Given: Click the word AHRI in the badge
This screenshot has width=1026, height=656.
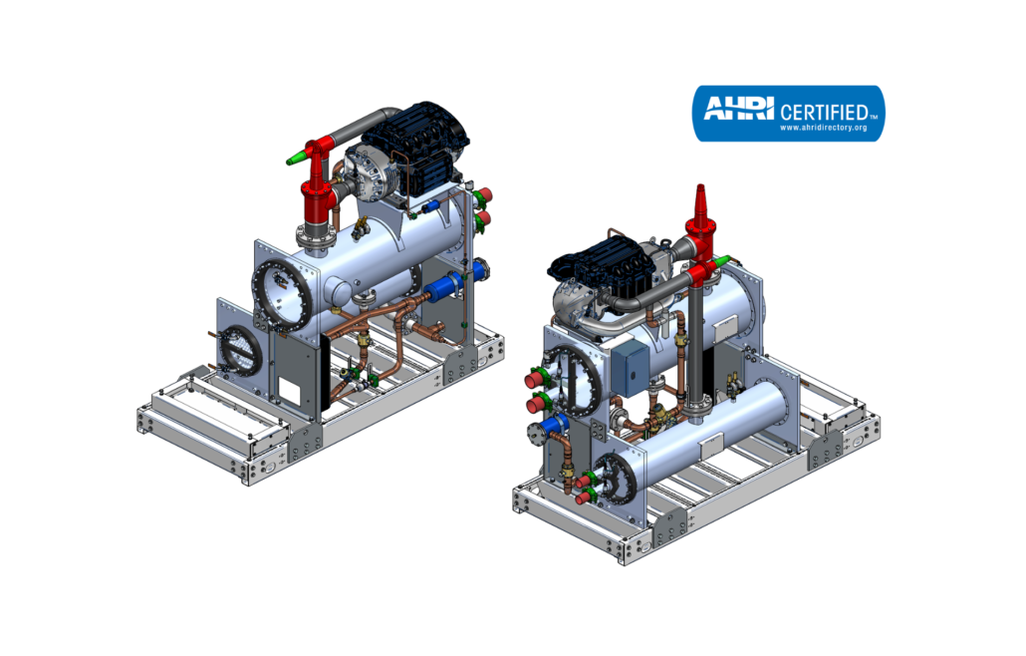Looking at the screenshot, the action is point(738,108).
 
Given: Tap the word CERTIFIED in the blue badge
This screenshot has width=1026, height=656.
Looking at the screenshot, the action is point(824,112).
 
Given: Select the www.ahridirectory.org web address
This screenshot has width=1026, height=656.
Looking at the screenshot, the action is point(823,128).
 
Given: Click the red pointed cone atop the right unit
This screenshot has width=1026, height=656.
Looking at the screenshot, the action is point(700,203).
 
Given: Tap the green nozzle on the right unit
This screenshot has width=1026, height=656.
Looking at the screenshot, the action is point(720,262).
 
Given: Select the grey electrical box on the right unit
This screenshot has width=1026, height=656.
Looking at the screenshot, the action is point(630,369).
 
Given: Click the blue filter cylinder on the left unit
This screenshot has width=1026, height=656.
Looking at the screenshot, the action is point(443,289).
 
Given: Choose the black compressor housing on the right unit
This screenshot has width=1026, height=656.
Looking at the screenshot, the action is point(600,261).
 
